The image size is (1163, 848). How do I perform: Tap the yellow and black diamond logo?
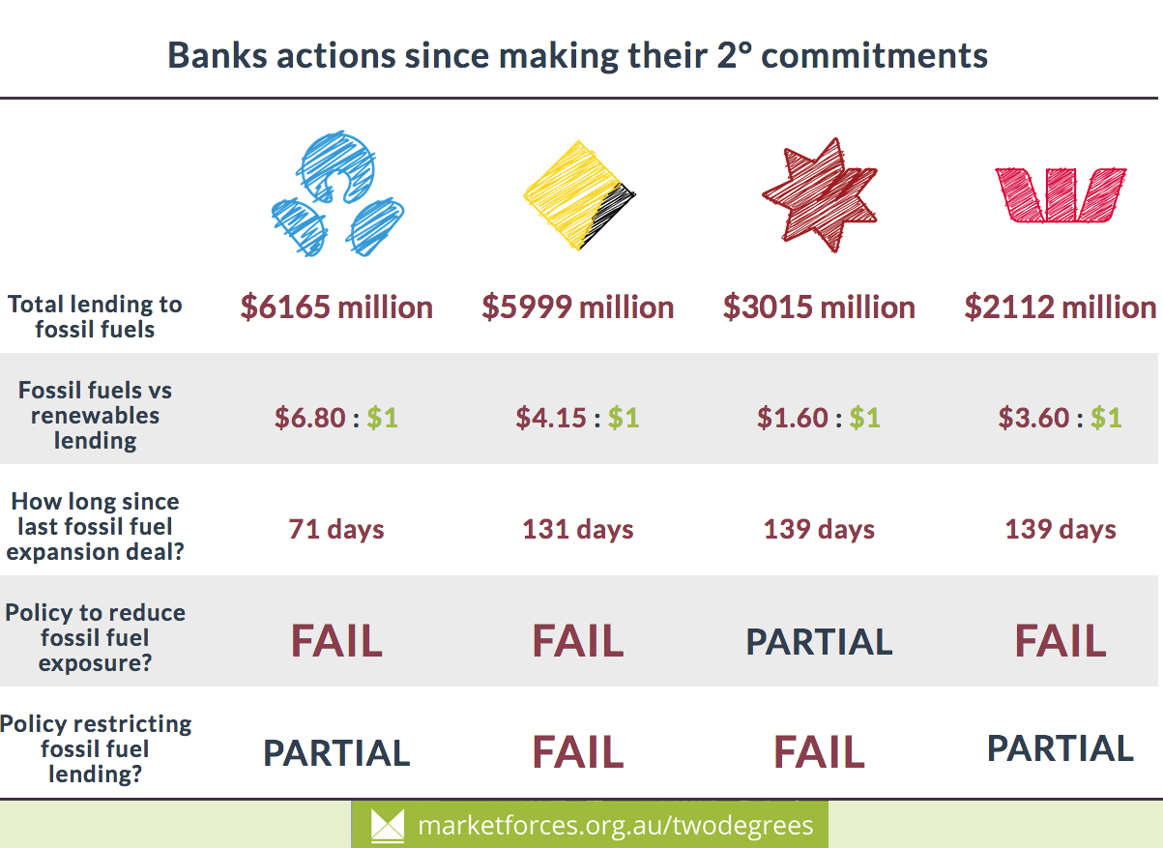pos(579,195)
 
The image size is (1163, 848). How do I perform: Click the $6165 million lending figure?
pos(336,307)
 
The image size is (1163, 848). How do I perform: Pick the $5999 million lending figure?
pos(578,307)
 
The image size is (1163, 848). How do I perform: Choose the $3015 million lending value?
pos(820,307)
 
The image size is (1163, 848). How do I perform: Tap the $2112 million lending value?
pos(1061,307)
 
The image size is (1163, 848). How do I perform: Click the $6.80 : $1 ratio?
pos(336,418)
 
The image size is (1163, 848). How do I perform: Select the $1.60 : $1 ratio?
pos(820,418)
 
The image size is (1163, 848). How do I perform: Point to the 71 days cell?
pos(336,530)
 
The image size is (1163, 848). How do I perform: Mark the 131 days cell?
pos(578,530)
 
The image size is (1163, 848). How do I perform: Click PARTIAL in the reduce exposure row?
pos(820,642)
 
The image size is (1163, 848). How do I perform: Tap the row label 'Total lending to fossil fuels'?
pos(95,316)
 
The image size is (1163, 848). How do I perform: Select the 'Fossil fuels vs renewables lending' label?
pos(95,416)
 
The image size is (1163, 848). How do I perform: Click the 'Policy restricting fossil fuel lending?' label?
pos(95,748)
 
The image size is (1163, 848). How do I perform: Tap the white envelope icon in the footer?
pos(388,826)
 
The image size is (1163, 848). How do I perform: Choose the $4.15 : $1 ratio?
pos(578,418)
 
